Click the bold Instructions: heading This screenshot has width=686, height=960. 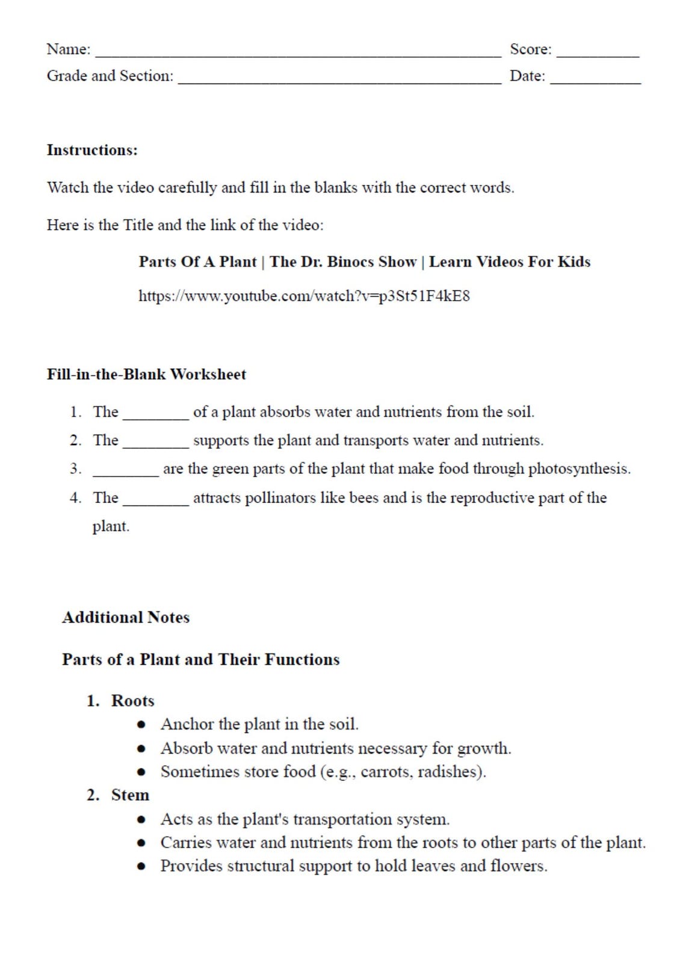click(92, 150)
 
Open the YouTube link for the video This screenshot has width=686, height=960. click(304, 296)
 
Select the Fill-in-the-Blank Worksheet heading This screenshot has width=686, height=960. click(146, 374)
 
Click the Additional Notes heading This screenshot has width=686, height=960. click(126, 617)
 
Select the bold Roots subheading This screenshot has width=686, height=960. click(132, 701)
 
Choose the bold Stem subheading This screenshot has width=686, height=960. click(130, 795)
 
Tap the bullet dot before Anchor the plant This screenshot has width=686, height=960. click(141, 725)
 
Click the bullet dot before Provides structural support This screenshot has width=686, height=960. click(141, 867)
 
